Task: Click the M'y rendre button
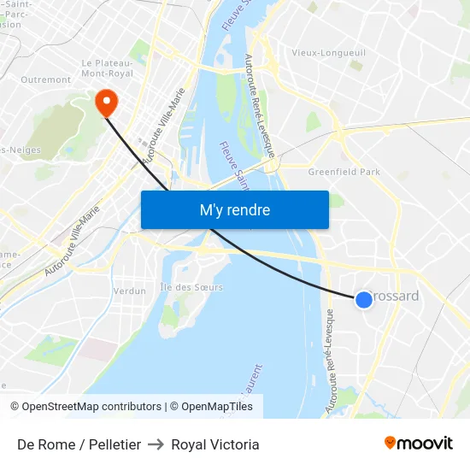pyautogui.click(x=234, y=210)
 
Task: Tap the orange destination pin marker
pyautogui.click(x=107, y=103)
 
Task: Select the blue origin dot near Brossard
pyautogui.click(x=363, y=299)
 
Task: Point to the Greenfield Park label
pyautogui.click(x=344, y=172)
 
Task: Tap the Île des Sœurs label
pyautogui.click(x=191, y=287)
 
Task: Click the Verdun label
pyautogui.click(x=129, y=291)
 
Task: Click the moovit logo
pyautogui.click(x=418, y=444)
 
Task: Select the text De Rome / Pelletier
pyautogui.click(x=79, y=444)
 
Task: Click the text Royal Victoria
pyautogui.click(x=215, y=444)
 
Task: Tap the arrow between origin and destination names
pyautogui.click(x=156, y=444)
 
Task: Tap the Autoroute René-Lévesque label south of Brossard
pyautogui.click(x=331, y=363)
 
